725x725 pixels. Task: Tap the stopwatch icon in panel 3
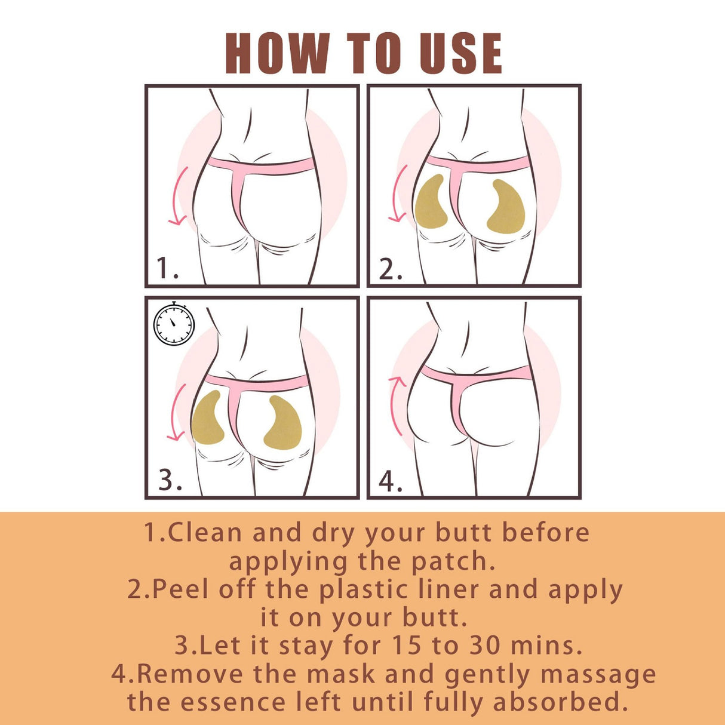174,324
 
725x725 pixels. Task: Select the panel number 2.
391,269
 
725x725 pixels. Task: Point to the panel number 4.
391,481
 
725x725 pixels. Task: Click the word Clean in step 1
205,532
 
